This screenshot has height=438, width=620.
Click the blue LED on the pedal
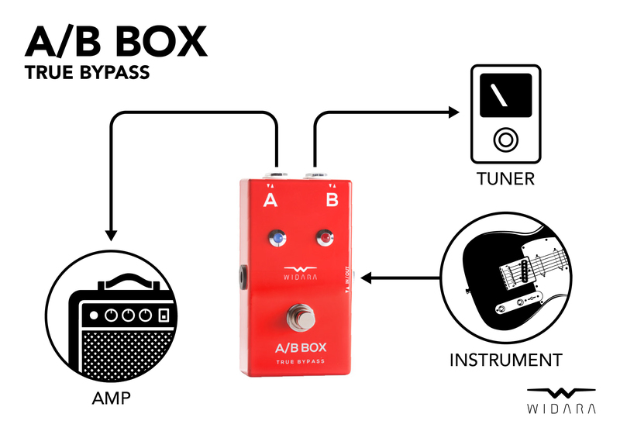[274, 237]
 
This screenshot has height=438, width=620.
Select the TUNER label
[505, 179]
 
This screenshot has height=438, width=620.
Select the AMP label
[110, 400]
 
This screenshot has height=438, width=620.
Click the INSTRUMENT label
[505, 360]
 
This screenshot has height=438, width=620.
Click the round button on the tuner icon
[505, 140]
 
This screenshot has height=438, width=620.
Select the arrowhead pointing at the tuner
[453, 113]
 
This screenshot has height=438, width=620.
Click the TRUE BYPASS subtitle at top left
[87, 74]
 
